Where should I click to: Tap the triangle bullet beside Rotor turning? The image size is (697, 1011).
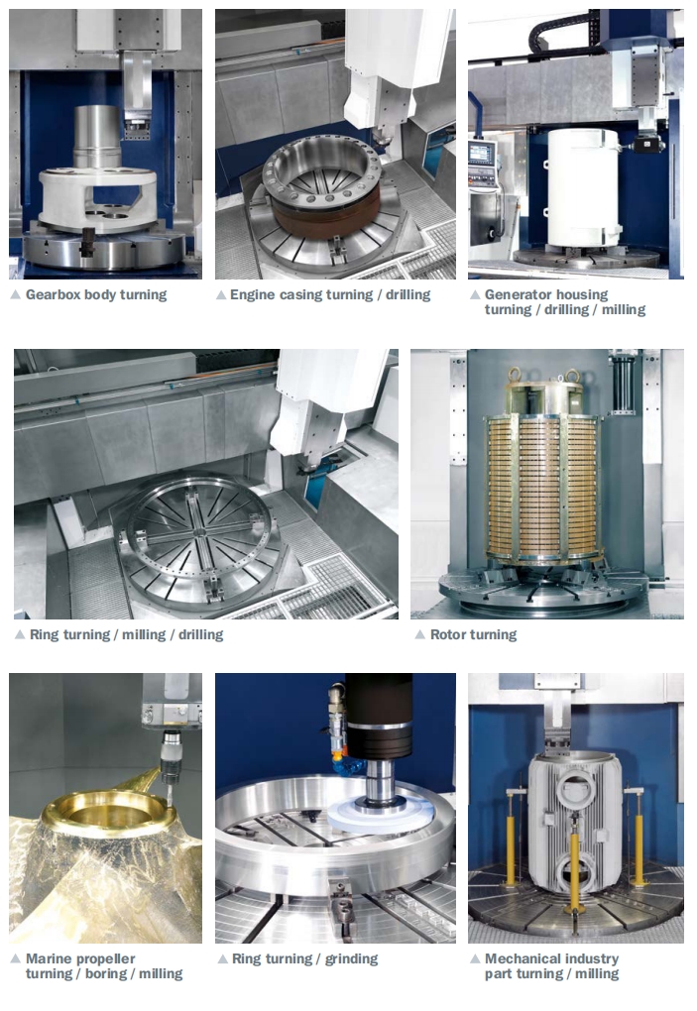pyautogui.click(x=419, y=635)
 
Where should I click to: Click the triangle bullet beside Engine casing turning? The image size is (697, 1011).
pyautogui.click(x=220, y=295)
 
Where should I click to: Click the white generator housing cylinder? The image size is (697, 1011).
pyautogui.click(x=583, y=188)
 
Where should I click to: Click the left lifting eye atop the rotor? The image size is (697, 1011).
pyautogui.click(x=515, y=374)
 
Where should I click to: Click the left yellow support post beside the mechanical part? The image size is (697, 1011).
pyautogui.click(x=512, y=839)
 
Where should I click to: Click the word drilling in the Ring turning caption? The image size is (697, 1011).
pyautogui.click(x=200, y=634)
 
